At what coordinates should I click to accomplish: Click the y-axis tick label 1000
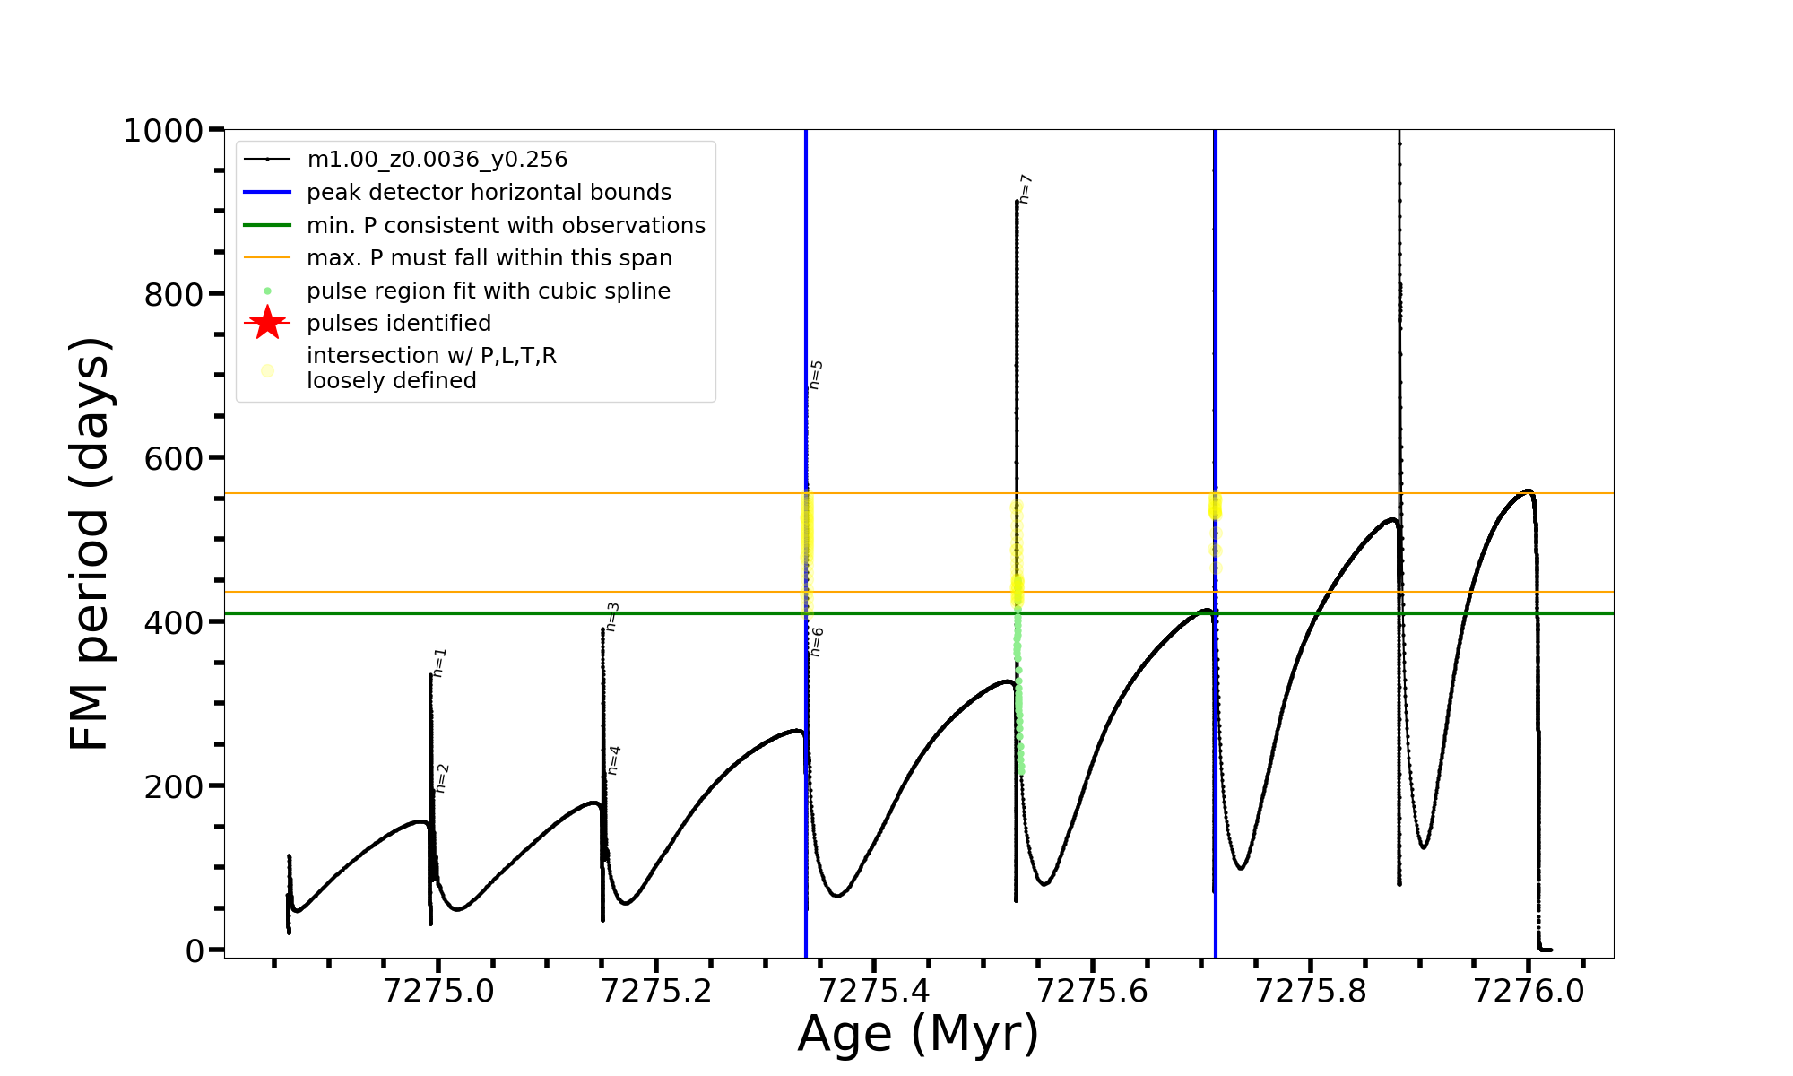point(163,131)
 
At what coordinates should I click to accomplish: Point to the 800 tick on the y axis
point(174,294)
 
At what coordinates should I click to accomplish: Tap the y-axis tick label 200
point(174,786)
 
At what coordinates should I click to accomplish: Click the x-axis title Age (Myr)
point(918,1034)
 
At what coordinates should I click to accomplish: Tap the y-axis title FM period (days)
point(91,543)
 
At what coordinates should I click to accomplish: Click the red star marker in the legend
point(267,323)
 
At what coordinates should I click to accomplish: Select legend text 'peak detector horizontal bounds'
point(489,193)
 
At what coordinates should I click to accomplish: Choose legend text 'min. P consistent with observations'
point(506,226)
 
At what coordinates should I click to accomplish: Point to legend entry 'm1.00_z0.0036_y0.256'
point(437,160)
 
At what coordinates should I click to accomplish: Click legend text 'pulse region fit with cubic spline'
point(489,291)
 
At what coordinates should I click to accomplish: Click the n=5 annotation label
point(816,375)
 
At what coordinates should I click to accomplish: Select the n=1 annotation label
point(439,663)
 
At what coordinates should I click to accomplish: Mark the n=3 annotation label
point(612,617)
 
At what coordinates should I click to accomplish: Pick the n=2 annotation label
point(441,778)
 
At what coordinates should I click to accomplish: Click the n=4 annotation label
point(614,760)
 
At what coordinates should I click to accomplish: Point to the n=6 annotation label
point(817,642)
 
